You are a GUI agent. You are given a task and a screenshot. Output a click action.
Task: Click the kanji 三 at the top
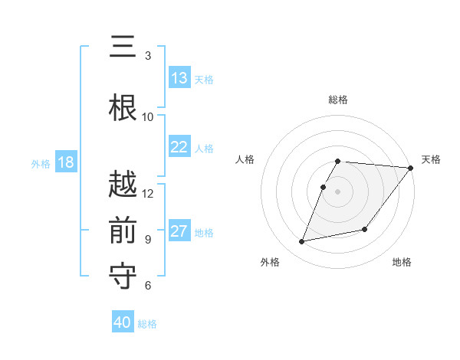tap(123, 47)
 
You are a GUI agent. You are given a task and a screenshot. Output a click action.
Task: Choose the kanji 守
tap(123, 274)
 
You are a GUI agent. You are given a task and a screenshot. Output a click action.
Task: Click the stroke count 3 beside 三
tap(148, 56)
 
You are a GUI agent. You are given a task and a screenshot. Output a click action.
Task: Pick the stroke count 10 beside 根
tap(148, 116)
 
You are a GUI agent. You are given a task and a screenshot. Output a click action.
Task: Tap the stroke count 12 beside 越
tap(148, 193)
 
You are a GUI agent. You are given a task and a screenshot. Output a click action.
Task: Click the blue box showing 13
tap(179, 78)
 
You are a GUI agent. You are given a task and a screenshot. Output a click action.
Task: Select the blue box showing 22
tap(179, 147)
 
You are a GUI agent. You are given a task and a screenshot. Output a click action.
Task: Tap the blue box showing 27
tap(179, 231)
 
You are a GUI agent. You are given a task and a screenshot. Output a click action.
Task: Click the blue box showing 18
tap(65, 162)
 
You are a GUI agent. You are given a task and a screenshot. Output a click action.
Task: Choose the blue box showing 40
tap(123, 322)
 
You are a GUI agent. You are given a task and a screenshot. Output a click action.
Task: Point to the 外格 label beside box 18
tap(41, 163)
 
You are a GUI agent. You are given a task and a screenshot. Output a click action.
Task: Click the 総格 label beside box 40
tap(147, 324)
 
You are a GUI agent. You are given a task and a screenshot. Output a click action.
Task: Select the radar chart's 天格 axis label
tap(431, 159)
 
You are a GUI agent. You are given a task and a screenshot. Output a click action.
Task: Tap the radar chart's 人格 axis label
tap(245, 159)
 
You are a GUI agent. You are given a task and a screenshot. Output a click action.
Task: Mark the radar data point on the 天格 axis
tap(411, 168)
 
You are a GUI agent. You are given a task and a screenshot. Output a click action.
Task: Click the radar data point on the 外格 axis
tap(302, 242)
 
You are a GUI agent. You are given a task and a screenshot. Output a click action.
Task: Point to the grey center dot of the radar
tap(338, 191)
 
